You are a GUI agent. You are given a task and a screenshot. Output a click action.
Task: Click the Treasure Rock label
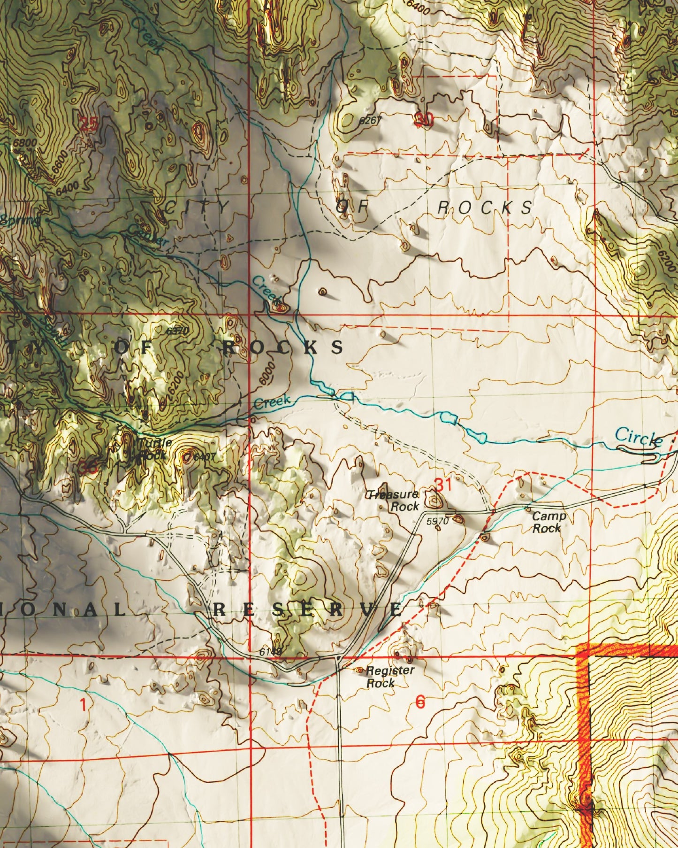pyautogui.click(x=393, y=501)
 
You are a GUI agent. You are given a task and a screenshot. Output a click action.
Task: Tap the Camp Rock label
pyautogui.click(x=548, y=522)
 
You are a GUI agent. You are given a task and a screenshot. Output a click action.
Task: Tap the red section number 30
pyautogui.click(x=423, y=120)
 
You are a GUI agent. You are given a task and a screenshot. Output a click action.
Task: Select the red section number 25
pyautogui.click(x=89, y=124)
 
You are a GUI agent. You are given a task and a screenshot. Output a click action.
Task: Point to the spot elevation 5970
pyautogui.click(x=438, y=520)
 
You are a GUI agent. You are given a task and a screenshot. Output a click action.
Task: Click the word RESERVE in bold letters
pyautogui.click(x=307, y=610)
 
